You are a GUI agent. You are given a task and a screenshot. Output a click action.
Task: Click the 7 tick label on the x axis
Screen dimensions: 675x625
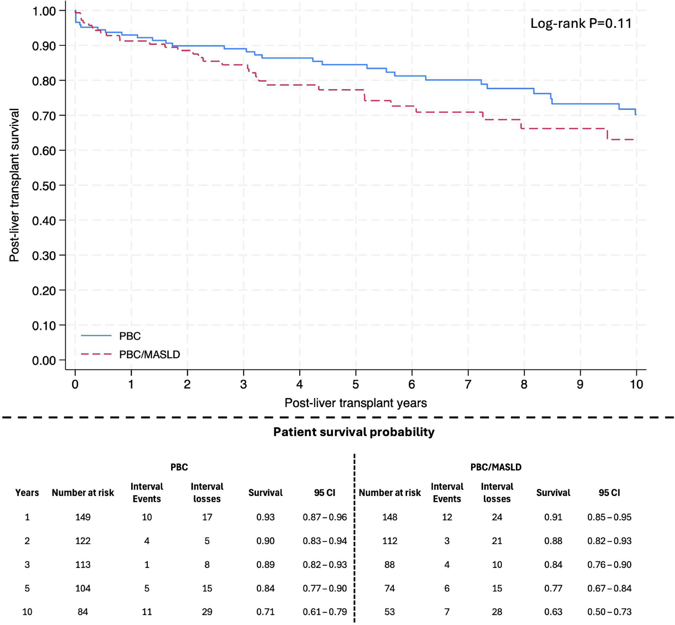[468, 384]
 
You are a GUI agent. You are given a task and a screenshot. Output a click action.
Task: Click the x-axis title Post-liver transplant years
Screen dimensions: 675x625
[356, 403]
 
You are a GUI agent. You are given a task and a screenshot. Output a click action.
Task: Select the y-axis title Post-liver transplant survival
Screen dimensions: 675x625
[14, 185]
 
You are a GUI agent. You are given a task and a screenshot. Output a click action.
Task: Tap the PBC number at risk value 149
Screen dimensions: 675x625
[83, 517]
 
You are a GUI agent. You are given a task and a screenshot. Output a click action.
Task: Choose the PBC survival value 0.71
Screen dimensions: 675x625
[265, 612]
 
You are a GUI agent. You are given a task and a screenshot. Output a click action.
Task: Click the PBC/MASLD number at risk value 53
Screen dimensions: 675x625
[390, 612]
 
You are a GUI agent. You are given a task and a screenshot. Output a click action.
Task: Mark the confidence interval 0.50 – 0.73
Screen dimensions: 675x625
[609, 612]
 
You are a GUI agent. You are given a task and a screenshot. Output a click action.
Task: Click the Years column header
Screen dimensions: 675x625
[27, 493]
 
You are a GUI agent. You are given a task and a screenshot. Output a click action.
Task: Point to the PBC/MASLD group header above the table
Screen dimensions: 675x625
[496, 467]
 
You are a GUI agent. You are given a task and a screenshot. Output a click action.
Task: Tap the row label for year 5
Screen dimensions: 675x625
[27, 588]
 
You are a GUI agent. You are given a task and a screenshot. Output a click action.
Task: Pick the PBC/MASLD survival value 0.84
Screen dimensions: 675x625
[553, 565]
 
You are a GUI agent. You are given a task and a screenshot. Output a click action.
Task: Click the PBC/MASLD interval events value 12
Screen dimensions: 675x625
[447, 517]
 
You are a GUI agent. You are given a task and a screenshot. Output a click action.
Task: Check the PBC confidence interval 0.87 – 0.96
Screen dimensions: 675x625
[325, 517]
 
